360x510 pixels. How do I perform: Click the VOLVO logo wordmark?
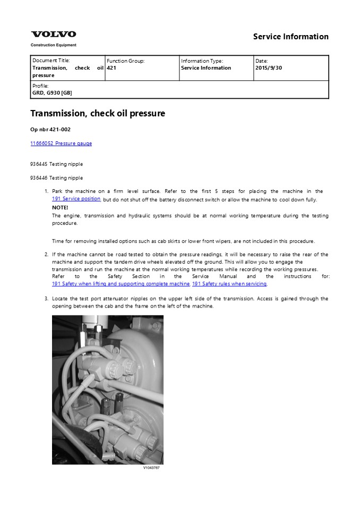53,35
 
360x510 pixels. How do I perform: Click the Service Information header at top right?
290,37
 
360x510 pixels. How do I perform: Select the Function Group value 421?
111,68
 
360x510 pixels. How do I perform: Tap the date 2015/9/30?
269,68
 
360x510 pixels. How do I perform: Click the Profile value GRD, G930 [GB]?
52,93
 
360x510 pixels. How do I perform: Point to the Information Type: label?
202,61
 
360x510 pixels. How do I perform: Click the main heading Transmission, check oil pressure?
98,113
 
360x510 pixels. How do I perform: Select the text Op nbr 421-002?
50,129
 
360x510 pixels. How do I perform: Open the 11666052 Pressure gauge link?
61,143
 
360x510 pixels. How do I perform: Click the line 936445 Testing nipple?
56,164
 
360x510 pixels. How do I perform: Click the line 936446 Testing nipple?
56,177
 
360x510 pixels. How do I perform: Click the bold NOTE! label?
60,207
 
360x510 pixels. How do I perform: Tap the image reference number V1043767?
151,468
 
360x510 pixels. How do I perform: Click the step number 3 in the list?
46,299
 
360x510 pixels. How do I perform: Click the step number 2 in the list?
46,255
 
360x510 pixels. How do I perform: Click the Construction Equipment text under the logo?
53,45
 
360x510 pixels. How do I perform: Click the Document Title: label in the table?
51,61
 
